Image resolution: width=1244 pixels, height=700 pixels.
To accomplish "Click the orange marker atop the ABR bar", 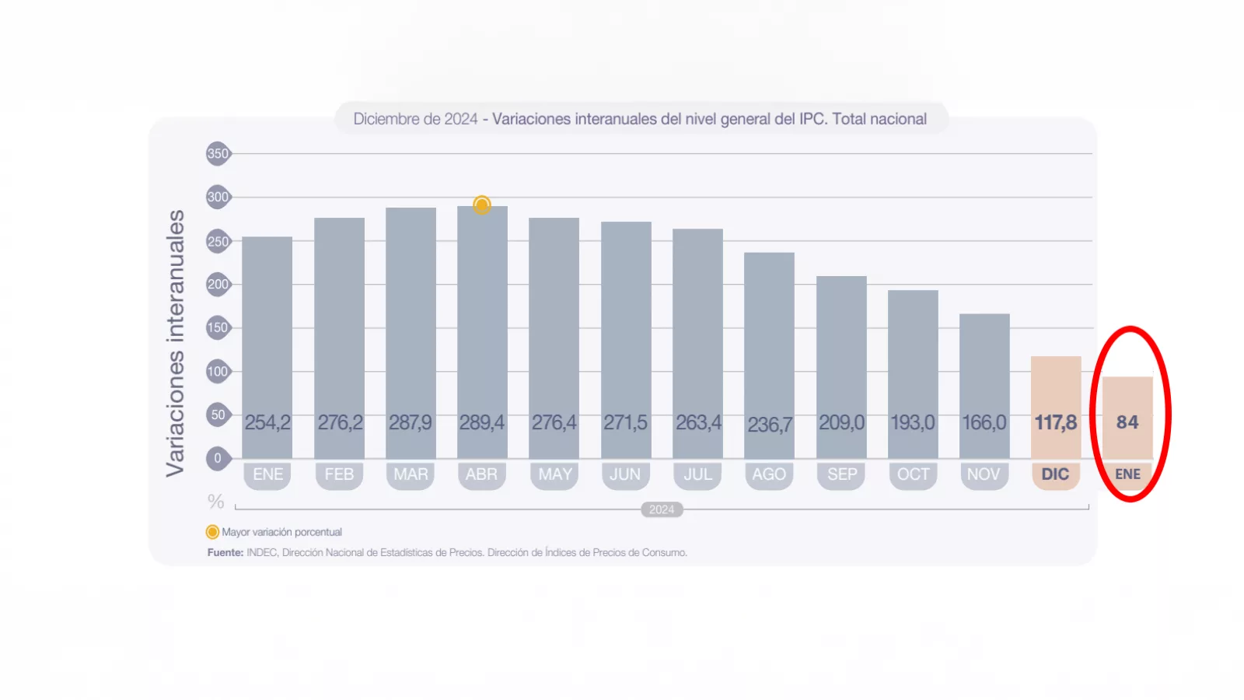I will click(482, 205).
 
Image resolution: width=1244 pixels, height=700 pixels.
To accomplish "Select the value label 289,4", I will click(482, 422).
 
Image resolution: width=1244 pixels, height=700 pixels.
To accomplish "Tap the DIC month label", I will click(1055, 474).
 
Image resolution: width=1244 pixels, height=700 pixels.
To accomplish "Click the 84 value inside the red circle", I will click(1127, 422).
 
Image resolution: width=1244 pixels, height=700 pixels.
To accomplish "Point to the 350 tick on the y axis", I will click(218, 154).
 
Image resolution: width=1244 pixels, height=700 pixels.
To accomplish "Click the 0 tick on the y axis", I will click(218, 458).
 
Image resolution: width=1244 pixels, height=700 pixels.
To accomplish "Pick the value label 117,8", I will click(1055, 422).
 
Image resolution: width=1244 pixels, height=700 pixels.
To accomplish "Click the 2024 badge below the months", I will click(662, 509).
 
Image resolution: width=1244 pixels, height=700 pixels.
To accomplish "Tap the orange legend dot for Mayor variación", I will click(212, 532).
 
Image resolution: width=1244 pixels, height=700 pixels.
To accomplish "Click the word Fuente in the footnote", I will click(225, 553).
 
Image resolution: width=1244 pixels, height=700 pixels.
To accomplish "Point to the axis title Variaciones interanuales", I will click(176, 342).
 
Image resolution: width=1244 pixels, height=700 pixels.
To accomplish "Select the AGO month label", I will click(769, 474).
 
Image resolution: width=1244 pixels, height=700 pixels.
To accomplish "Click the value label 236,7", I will click(770, 425).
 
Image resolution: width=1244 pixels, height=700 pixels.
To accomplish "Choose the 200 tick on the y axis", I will click(218, 285).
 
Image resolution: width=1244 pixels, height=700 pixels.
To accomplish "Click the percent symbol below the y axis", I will click(215, 502).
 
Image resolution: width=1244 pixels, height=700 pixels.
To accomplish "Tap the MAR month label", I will click(411, 474).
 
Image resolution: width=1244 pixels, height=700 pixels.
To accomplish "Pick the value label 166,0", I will click(984, 422).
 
